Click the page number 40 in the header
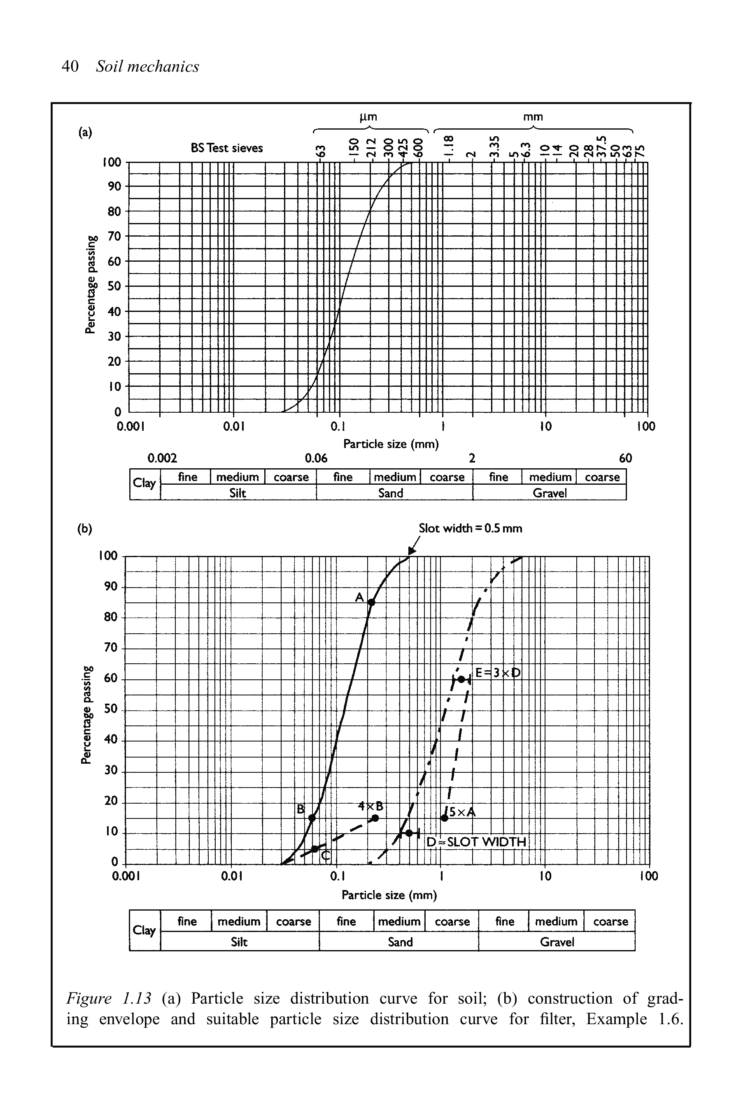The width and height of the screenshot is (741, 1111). [70, 67]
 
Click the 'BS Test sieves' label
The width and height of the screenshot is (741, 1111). [227, 148]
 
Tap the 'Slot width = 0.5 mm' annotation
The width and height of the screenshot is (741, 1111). [470, 529]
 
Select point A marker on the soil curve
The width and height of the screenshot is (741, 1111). [371, 602]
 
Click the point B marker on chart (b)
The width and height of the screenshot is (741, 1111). [312, 818]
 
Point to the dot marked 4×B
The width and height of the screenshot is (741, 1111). [375, 818]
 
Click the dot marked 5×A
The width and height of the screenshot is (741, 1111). [444, 818]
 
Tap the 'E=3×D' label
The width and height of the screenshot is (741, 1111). [497, 673]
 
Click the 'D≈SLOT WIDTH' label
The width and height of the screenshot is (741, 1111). [476, 842]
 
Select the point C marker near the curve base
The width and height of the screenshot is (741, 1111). [315, 849]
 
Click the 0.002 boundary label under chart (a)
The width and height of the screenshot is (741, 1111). [162, 458]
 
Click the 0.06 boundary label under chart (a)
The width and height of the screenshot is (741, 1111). [316, 458]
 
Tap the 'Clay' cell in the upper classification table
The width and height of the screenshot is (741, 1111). [144, 483]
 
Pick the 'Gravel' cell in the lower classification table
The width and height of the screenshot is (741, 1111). [557, 942]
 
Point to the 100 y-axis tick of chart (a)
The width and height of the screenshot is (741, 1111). [112, 163]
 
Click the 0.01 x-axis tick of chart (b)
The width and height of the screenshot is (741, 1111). [231, 877]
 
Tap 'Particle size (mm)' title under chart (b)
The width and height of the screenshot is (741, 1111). [389, 895]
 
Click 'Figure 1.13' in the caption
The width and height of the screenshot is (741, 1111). [109, 999]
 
